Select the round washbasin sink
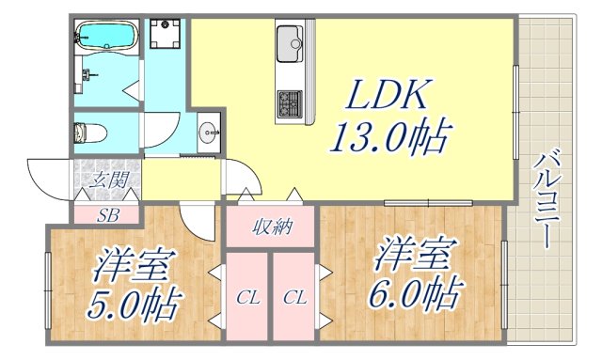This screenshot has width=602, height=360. click(x=208, y=132)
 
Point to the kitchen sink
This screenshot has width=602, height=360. click(x=289, y=41)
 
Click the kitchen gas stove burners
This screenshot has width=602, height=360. click(x=288, y=100)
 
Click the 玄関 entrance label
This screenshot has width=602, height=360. click(x=107, y=180)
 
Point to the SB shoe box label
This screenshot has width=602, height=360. click(x=107, y=214)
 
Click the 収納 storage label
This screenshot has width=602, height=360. click(x=271, y=227)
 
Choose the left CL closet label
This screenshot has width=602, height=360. click(x=247, y=299)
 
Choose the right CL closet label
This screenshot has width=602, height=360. click(x=294, y=299)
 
